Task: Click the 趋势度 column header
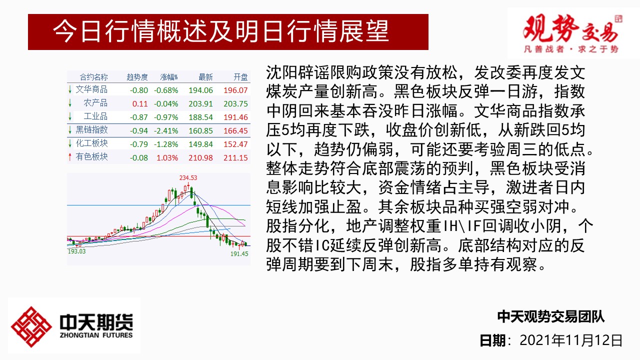click(x=137, y=77)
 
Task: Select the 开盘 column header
click(x=240, y=77)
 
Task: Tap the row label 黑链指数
click(x=91, y=130)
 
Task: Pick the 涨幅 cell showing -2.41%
click(x=166, y=131)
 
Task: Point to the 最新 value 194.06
click(x=200, y=90)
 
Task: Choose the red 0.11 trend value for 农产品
click(x=140, y=103)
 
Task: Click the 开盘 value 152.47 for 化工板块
click(x=235, y=144)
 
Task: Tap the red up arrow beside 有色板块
click(x=69, y=157)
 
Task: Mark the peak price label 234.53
click(x=188, y=177)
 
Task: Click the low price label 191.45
click(x=239, y=253)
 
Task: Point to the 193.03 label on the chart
click(x=76, y=251)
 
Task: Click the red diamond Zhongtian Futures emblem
click(x=31, y=327)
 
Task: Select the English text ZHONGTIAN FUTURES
click(x=96, y=335)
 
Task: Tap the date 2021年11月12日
click(x=571, y=340)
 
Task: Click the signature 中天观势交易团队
click(x=551, y=317)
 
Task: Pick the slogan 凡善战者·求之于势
click(x=571, y=49)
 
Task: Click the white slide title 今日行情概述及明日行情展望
click(x=220, y=31)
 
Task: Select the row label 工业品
click(x=95, y=116)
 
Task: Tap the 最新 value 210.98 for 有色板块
click(x=200, y=157)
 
